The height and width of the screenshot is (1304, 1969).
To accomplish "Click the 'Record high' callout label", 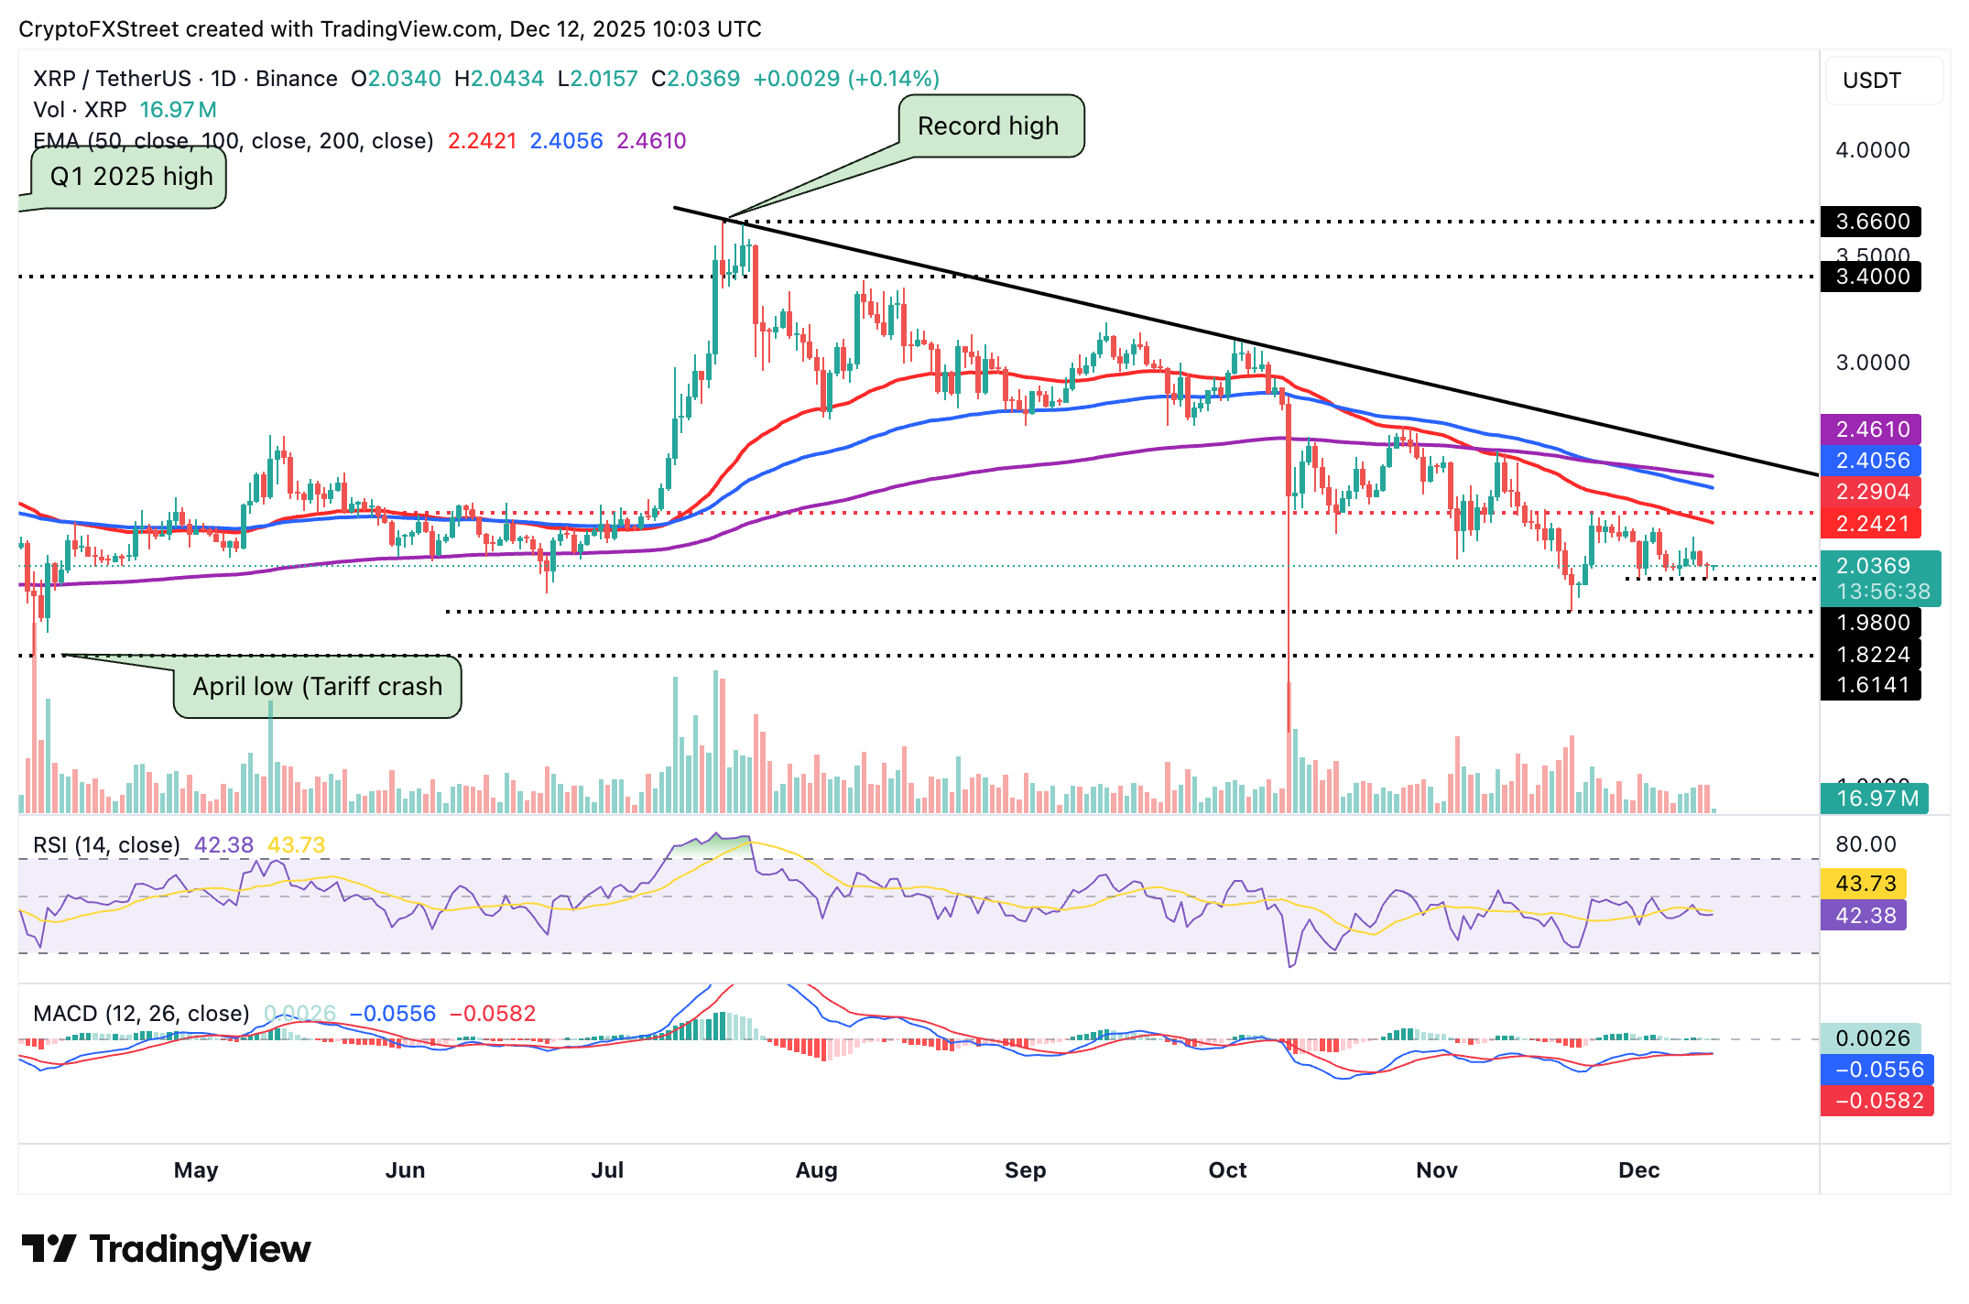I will coord(989,126).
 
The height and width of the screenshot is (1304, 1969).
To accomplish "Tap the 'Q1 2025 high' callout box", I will coord(130,176).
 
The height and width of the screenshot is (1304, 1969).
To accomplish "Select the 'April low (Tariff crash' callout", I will coord(317,686).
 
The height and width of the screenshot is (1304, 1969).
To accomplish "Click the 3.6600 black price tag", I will coord(1871,222).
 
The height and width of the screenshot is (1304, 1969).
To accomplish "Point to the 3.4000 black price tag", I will coord(1871,277).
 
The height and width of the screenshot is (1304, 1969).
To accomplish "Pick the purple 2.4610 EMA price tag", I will coord(1871,429).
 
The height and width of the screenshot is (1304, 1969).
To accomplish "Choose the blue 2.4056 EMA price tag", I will coord(1871,461).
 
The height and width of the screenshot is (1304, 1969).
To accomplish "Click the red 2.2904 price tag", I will coord(1871,492).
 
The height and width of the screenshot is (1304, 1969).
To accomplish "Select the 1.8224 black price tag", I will coord(1871,655).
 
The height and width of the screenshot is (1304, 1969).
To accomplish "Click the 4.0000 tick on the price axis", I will coord(1873,150).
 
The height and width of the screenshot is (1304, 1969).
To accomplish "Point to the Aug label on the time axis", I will coord(816,1170).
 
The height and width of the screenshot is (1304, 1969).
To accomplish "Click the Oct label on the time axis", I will coord(1227,1170).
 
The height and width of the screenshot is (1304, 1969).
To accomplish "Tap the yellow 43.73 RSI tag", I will coord(1865,884).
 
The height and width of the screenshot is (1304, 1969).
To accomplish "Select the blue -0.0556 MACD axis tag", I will coord(1877,1070).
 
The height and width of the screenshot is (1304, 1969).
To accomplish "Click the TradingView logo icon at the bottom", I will coord(49,1249).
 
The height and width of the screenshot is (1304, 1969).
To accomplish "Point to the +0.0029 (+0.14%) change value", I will coord(846,79).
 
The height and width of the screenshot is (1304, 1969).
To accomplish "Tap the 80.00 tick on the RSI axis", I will coord(1866,844).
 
